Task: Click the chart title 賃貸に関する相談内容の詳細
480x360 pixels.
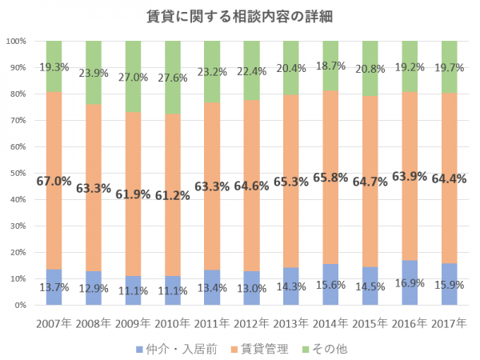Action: [239, 17]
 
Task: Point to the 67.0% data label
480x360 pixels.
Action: [54, 181]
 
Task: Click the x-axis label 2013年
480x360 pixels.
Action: [291, 323]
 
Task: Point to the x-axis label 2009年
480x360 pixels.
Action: [134, 323]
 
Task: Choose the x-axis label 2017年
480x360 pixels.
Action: [449, 323]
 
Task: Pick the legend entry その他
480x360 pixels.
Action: [328, 349]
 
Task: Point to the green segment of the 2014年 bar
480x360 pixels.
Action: [330, 56]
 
